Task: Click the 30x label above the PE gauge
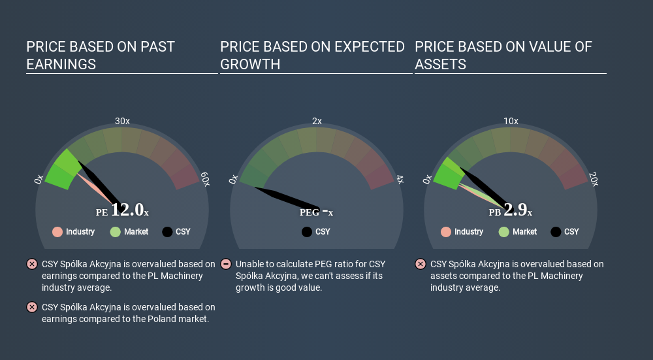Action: coord(122,121)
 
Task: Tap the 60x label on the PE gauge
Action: coord(205,179)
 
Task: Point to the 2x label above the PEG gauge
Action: coord(317,121)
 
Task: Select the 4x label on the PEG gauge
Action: coord(400,180)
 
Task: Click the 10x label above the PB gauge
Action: coord(511,121)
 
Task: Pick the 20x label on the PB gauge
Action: coord(594,179)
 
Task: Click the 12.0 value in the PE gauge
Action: coord(127,210)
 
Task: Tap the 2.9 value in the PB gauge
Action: coord(515,210)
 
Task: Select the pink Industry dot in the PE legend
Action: coord(57,232)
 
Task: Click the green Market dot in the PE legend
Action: coord(116,232)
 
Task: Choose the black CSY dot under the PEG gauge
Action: coord(307,232)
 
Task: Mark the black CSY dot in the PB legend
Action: coord(556,232)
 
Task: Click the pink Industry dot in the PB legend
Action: coord(446,232)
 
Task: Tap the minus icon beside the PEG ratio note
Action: coord(226,264)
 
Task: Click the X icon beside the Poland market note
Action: coord(31,307)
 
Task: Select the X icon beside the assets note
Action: coord(420,264)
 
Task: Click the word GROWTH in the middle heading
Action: coord(250,64)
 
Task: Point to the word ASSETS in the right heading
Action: coord(440,64)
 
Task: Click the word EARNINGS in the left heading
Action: coord(61,64)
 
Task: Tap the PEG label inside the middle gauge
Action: coord(310,212)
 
